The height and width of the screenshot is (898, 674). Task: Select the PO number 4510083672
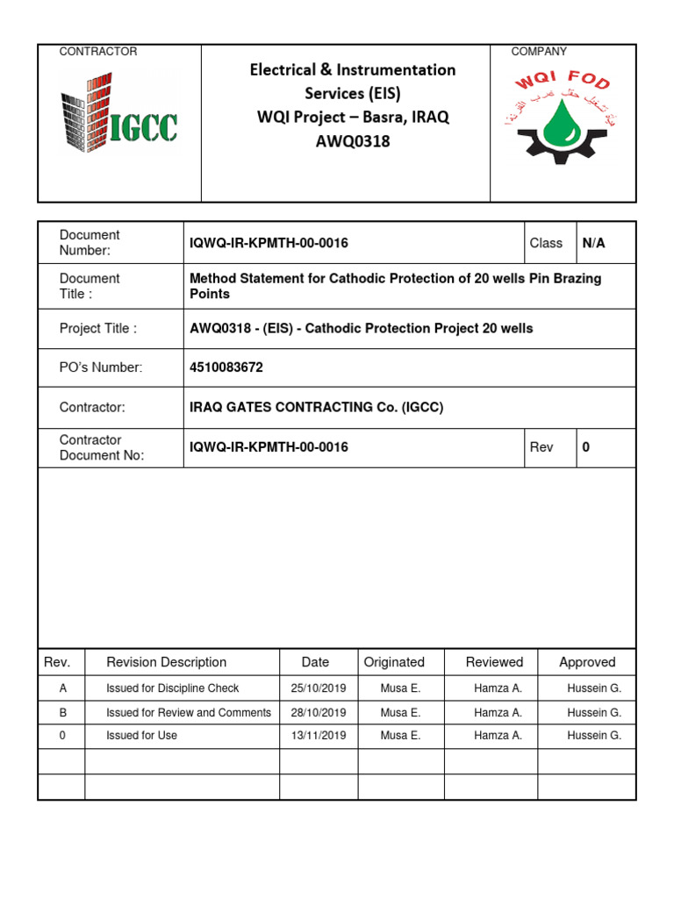tap(226, 367)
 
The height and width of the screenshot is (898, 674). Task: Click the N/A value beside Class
tap(594, 243)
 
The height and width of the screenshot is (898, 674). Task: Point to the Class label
tap(546, 243)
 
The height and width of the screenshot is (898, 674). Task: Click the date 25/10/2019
tap(319, 688)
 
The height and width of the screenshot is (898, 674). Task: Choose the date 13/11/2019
tap(319, 736)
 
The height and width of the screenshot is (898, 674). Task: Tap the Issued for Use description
tap(141, 736)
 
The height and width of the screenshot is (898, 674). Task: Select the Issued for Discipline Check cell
tap(172, 688)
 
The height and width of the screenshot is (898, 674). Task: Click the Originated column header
tap(394, 662)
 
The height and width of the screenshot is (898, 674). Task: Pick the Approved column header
tap(587, 662)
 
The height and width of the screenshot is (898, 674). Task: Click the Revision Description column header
tap(166, 662)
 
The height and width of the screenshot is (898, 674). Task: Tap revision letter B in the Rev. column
tap(62, 712)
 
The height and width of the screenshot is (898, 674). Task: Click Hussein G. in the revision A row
tap(594, 688)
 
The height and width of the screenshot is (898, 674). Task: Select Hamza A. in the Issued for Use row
tap(498, 736)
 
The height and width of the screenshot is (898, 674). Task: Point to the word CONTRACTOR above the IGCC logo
tap(98, 52)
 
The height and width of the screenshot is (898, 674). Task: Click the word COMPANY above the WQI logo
tap(539, 52)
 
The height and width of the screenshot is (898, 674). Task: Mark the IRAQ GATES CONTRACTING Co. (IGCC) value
tap(317, 408)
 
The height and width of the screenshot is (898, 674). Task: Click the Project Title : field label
tap(98, 329)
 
